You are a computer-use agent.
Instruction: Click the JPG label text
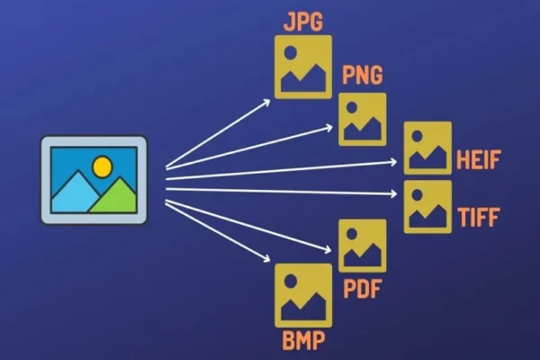pos(303,22)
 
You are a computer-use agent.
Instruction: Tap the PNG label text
pos(363,75)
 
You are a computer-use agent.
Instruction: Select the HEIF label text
pos(478,159)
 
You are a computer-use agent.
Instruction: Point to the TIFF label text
pos(479,217)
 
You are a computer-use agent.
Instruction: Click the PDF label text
pos(363,289)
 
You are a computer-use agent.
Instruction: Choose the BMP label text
pos(303,340)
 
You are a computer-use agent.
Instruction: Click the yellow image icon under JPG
pos(303,67)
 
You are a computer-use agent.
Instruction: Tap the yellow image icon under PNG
pos(363,119)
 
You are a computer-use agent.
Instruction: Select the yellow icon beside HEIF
pos(427,148)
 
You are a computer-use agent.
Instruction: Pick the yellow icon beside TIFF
pos(427,207)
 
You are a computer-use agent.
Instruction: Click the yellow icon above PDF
pos(363,246)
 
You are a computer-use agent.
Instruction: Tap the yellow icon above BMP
pos(303,295)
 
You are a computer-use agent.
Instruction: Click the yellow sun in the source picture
pos(103,166)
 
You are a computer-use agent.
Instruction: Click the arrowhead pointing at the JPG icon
pos(266,103)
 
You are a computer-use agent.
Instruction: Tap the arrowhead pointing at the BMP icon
pos(266,258)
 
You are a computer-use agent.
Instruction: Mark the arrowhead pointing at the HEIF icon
pos(393,162)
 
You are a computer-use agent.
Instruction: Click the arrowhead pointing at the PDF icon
pos(328,250)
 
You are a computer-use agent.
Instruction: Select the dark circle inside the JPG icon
pos(291,52)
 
